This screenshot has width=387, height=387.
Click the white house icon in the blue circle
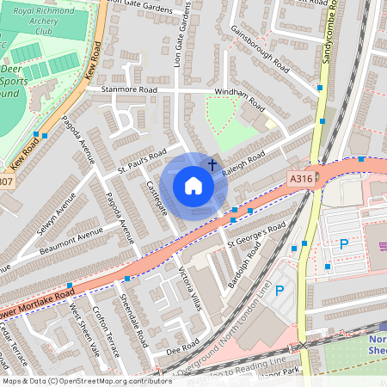coord(193,185)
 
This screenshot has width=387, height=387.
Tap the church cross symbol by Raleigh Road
coord(212,163)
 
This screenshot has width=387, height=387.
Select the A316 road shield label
coord(298,177)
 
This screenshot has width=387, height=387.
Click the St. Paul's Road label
coord(142,163)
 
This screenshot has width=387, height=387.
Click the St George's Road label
coord(255,232)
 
